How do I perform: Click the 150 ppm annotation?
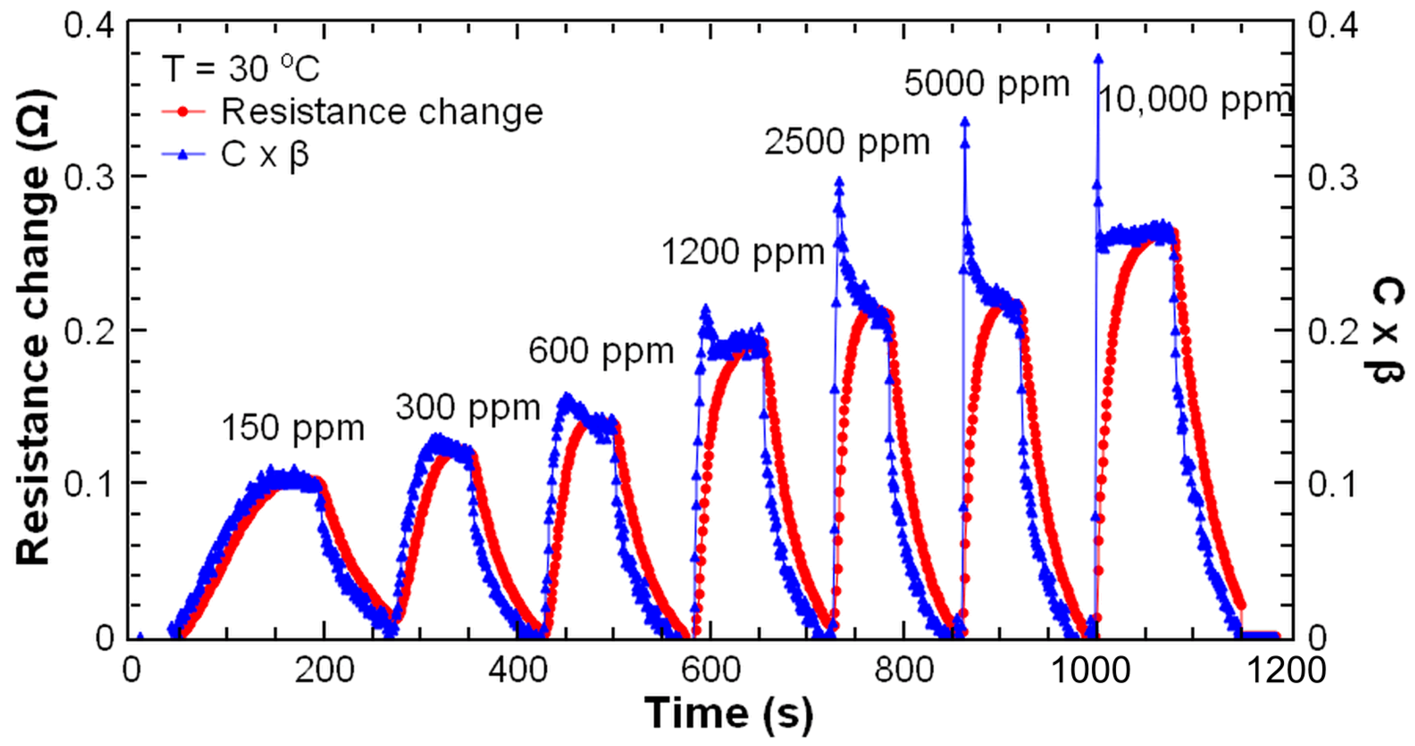tap(293, 428)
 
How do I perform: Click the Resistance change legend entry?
tap(382, 112)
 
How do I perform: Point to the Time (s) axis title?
tap(728, 713)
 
